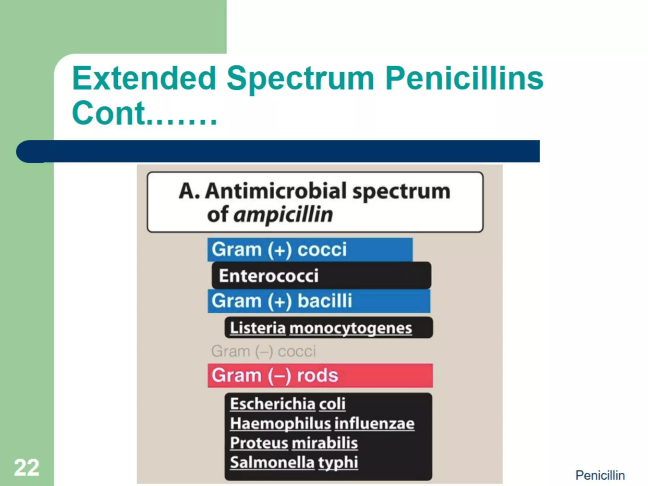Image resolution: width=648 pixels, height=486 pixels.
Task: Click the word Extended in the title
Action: click(144, 78)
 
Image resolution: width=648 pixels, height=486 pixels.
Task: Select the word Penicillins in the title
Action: click(464, 78)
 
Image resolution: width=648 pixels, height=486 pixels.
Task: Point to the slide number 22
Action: click(27, 467)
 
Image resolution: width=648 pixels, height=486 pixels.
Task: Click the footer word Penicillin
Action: click(600, 475)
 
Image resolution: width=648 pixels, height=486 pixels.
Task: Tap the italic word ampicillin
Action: click(283, 215)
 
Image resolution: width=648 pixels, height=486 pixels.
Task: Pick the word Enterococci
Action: click(269, 276)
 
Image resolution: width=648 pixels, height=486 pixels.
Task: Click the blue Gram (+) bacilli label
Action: click(282, 301)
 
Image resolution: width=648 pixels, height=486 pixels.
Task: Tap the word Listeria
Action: click(258, 328)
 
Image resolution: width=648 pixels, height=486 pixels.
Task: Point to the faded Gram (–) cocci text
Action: click(264, 351)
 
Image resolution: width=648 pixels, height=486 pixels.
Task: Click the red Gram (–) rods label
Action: click(275, 376)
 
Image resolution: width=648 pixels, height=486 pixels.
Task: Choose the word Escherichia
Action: click(273, 404)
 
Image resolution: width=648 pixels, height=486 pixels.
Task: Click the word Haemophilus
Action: click(280, 423)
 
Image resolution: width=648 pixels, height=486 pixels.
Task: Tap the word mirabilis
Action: click(324, 443)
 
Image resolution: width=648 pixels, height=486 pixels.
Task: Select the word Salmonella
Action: click(272, 463)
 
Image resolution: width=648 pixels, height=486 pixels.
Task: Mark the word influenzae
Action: click(374, 423)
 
